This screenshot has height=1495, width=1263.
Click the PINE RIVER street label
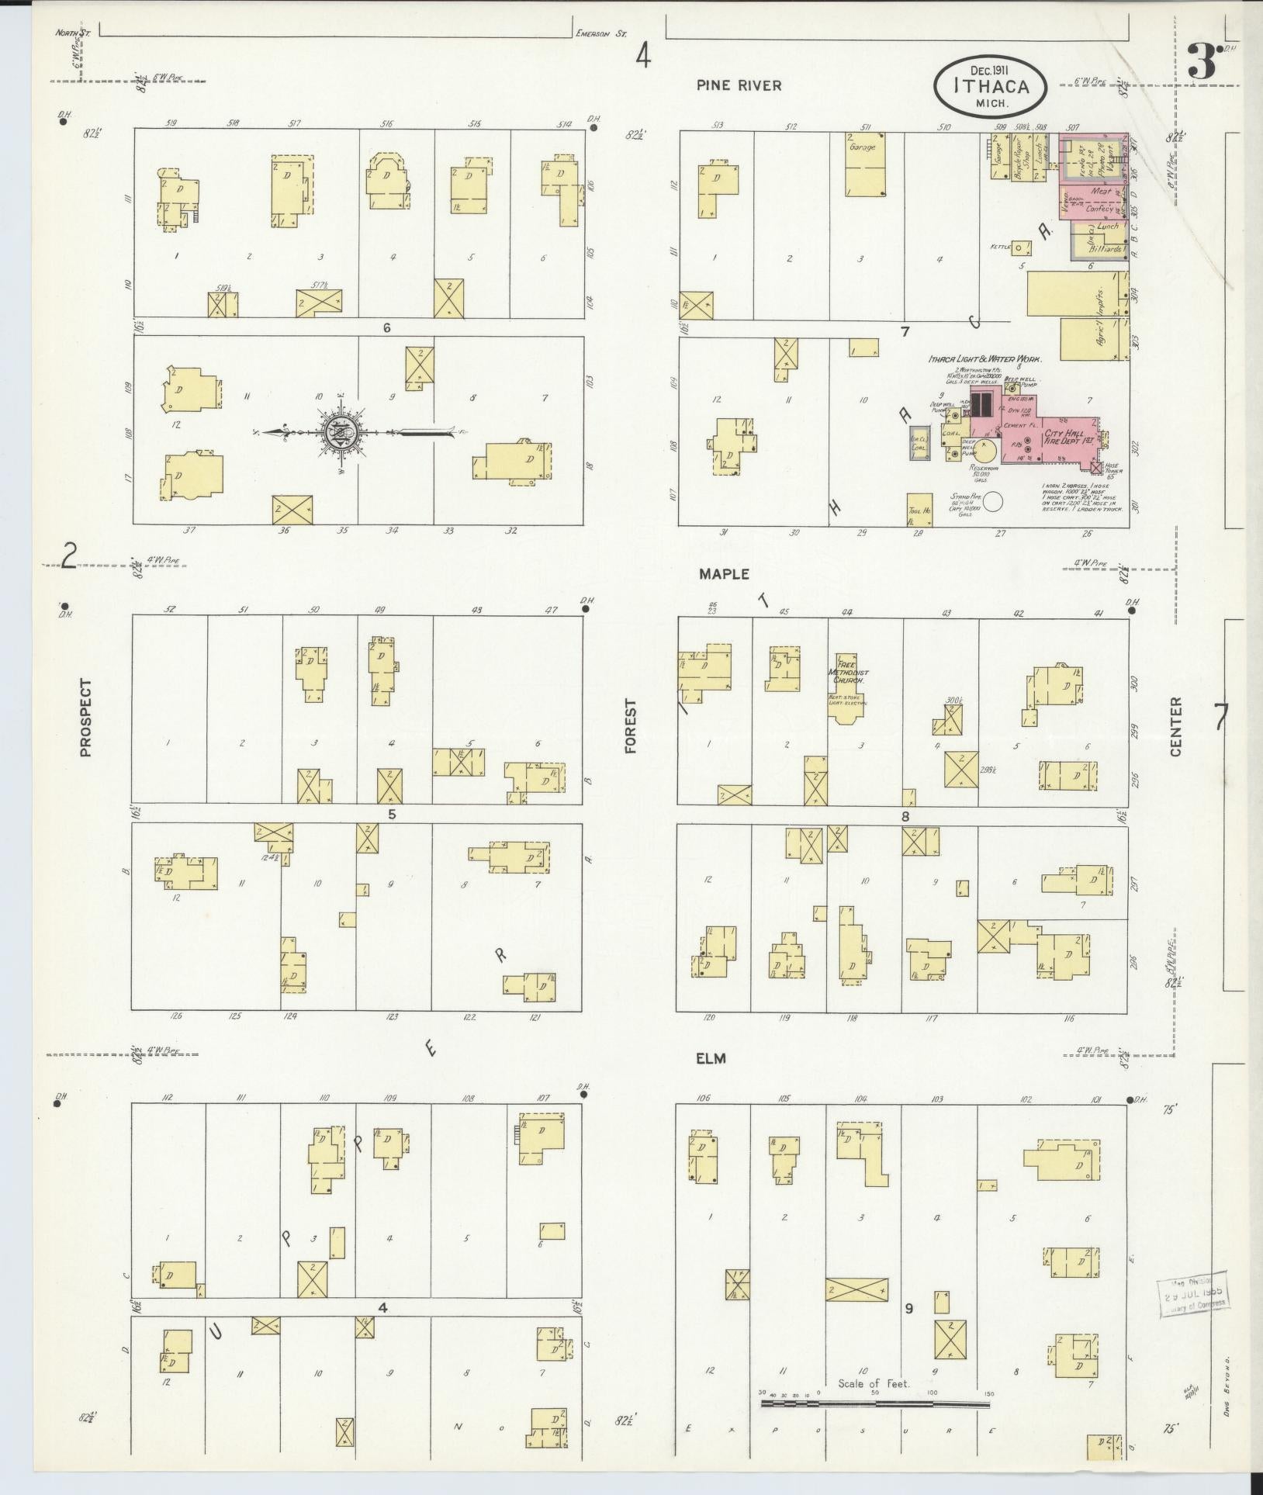(x=738, y=85)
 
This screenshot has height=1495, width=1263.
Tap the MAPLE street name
(x=723, y=573)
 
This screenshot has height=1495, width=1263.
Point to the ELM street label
(x=711, y=1057)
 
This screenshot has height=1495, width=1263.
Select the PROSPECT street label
(x=85, y=718)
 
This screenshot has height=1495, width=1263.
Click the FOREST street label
(x=630, y=726)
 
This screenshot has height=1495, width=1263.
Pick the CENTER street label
(x=1175, y=726)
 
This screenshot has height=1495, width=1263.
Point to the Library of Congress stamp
(x=1193, y=1294)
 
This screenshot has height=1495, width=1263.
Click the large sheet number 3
(x=1202, y=62)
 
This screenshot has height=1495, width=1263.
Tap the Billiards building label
(x=1101, y=250)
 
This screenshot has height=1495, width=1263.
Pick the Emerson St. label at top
(x=600, y=33)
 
